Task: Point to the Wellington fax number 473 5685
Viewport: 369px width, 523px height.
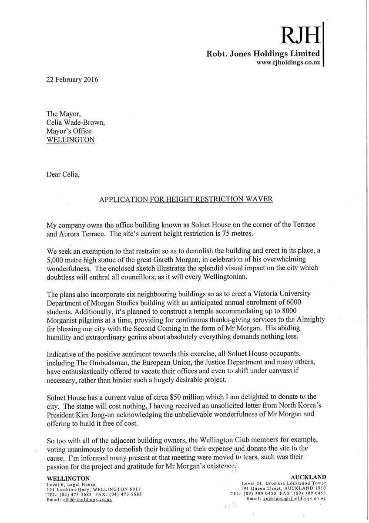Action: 127,494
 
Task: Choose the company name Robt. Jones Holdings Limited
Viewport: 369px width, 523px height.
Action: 263,54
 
